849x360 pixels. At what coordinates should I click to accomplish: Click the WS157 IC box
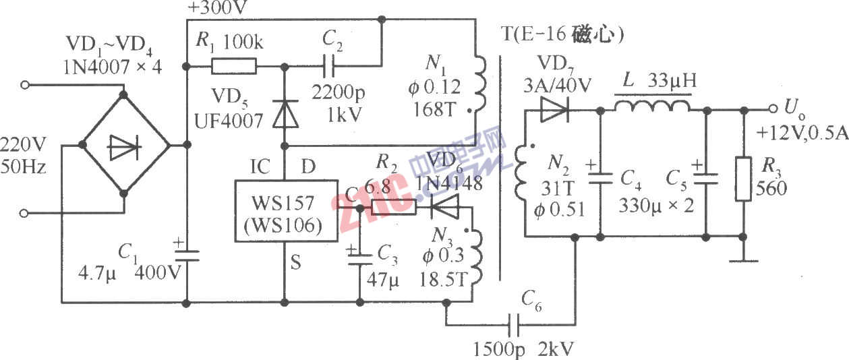pyautogui.click(x=285, y=210)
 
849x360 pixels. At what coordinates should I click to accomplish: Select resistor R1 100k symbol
pyautogui.click(x=234, y=66)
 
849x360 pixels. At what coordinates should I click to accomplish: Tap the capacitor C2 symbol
pyautogui.click(x=328, y=66)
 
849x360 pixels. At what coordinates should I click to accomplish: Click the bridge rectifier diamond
pyautogui.click(x=124, y=144)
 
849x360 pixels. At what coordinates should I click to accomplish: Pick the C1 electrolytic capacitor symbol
pyautogui.click(x=187, y=253)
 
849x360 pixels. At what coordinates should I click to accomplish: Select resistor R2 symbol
pyautogui.click(x=394, y=208)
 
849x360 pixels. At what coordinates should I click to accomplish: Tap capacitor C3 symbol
pyautogui.click(x=359, y=257)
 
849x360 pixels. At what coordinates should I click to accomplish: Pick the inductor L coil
pyautogui.click(x=652, y=108)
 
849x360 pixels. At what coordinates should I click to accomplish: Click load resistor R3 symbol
pyautogui.click(x=743, y=179)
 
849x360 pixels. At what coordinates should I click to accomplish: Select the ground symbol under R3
pyautogui.click(x=743, y=260)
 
